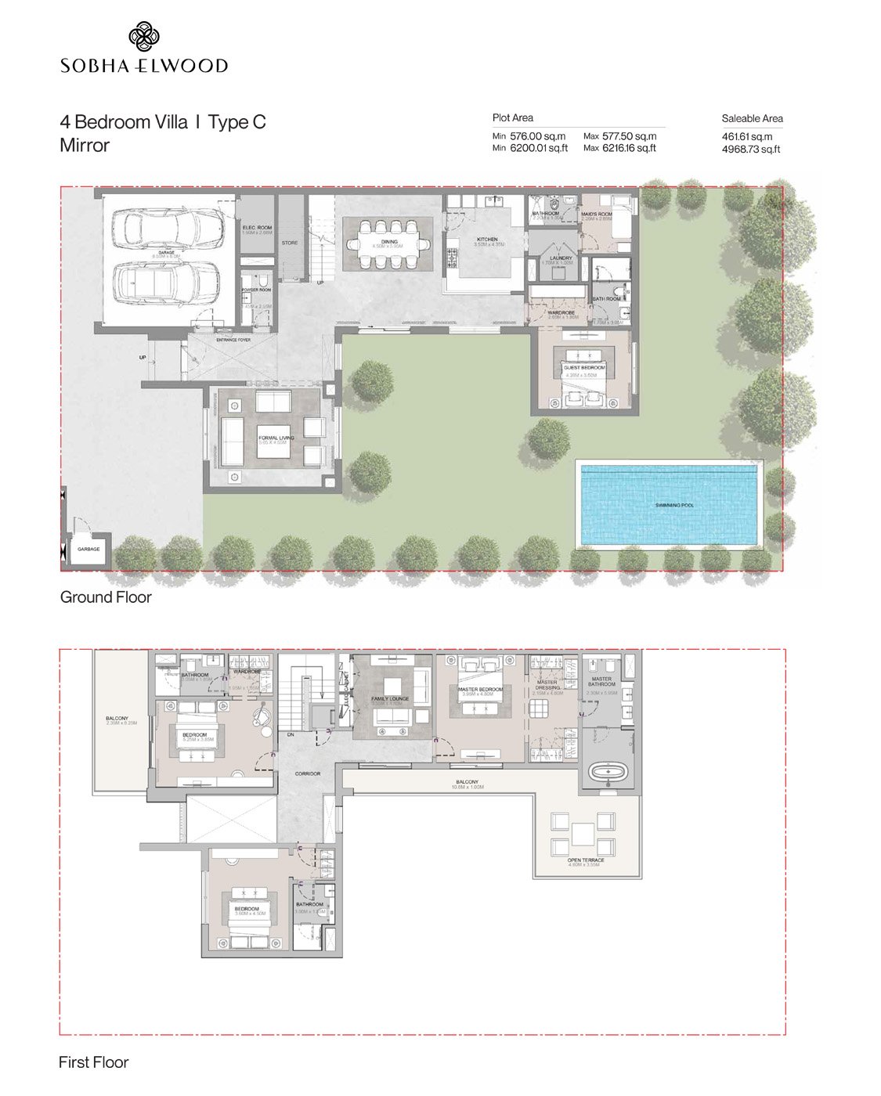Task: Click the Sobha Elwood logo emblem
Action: pyautogui.click(x=144, y=37)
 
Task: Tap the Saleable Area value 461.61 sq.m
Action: pyautogui.click(x=746, y=136)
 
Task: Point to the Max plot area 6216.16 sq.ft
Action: pyautogui.click(x=629, y=148)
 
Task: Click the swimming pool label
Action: pyautogui.click(x=674, y=506)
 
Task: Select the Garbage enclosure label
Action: pyautogui.click(x=88, y=549)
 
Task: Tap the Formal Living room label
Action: pyautogui.click(x=276, y=438)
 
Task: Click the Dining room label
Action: pyautogui.click(x=389, y=242)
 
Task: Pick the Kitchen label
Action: pyautogui.click(x=487, y=240)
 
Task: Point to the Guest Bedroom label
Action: pyautogui.click(x=583, y=367)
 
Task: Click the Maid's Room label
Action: pyautogui.click(x=597, y=214)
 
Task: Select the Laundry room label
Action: pyautogui.click(x=561, y=258)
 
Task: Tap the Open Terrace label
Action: pyautogui.click(x=586, y=860)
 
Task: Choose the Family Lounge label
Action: pyautogui.click(x=390, y=699)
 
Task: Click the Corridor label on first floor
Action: pyautogui.click(x=308, y=773)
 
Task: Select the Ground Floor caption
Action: pyautogui.click(x=106, y=597)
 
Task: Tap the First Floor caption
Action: pyautogui.click(x=93, y=1062)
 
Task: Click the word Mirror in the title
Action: pyautogui.click(x=85, y=146)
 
